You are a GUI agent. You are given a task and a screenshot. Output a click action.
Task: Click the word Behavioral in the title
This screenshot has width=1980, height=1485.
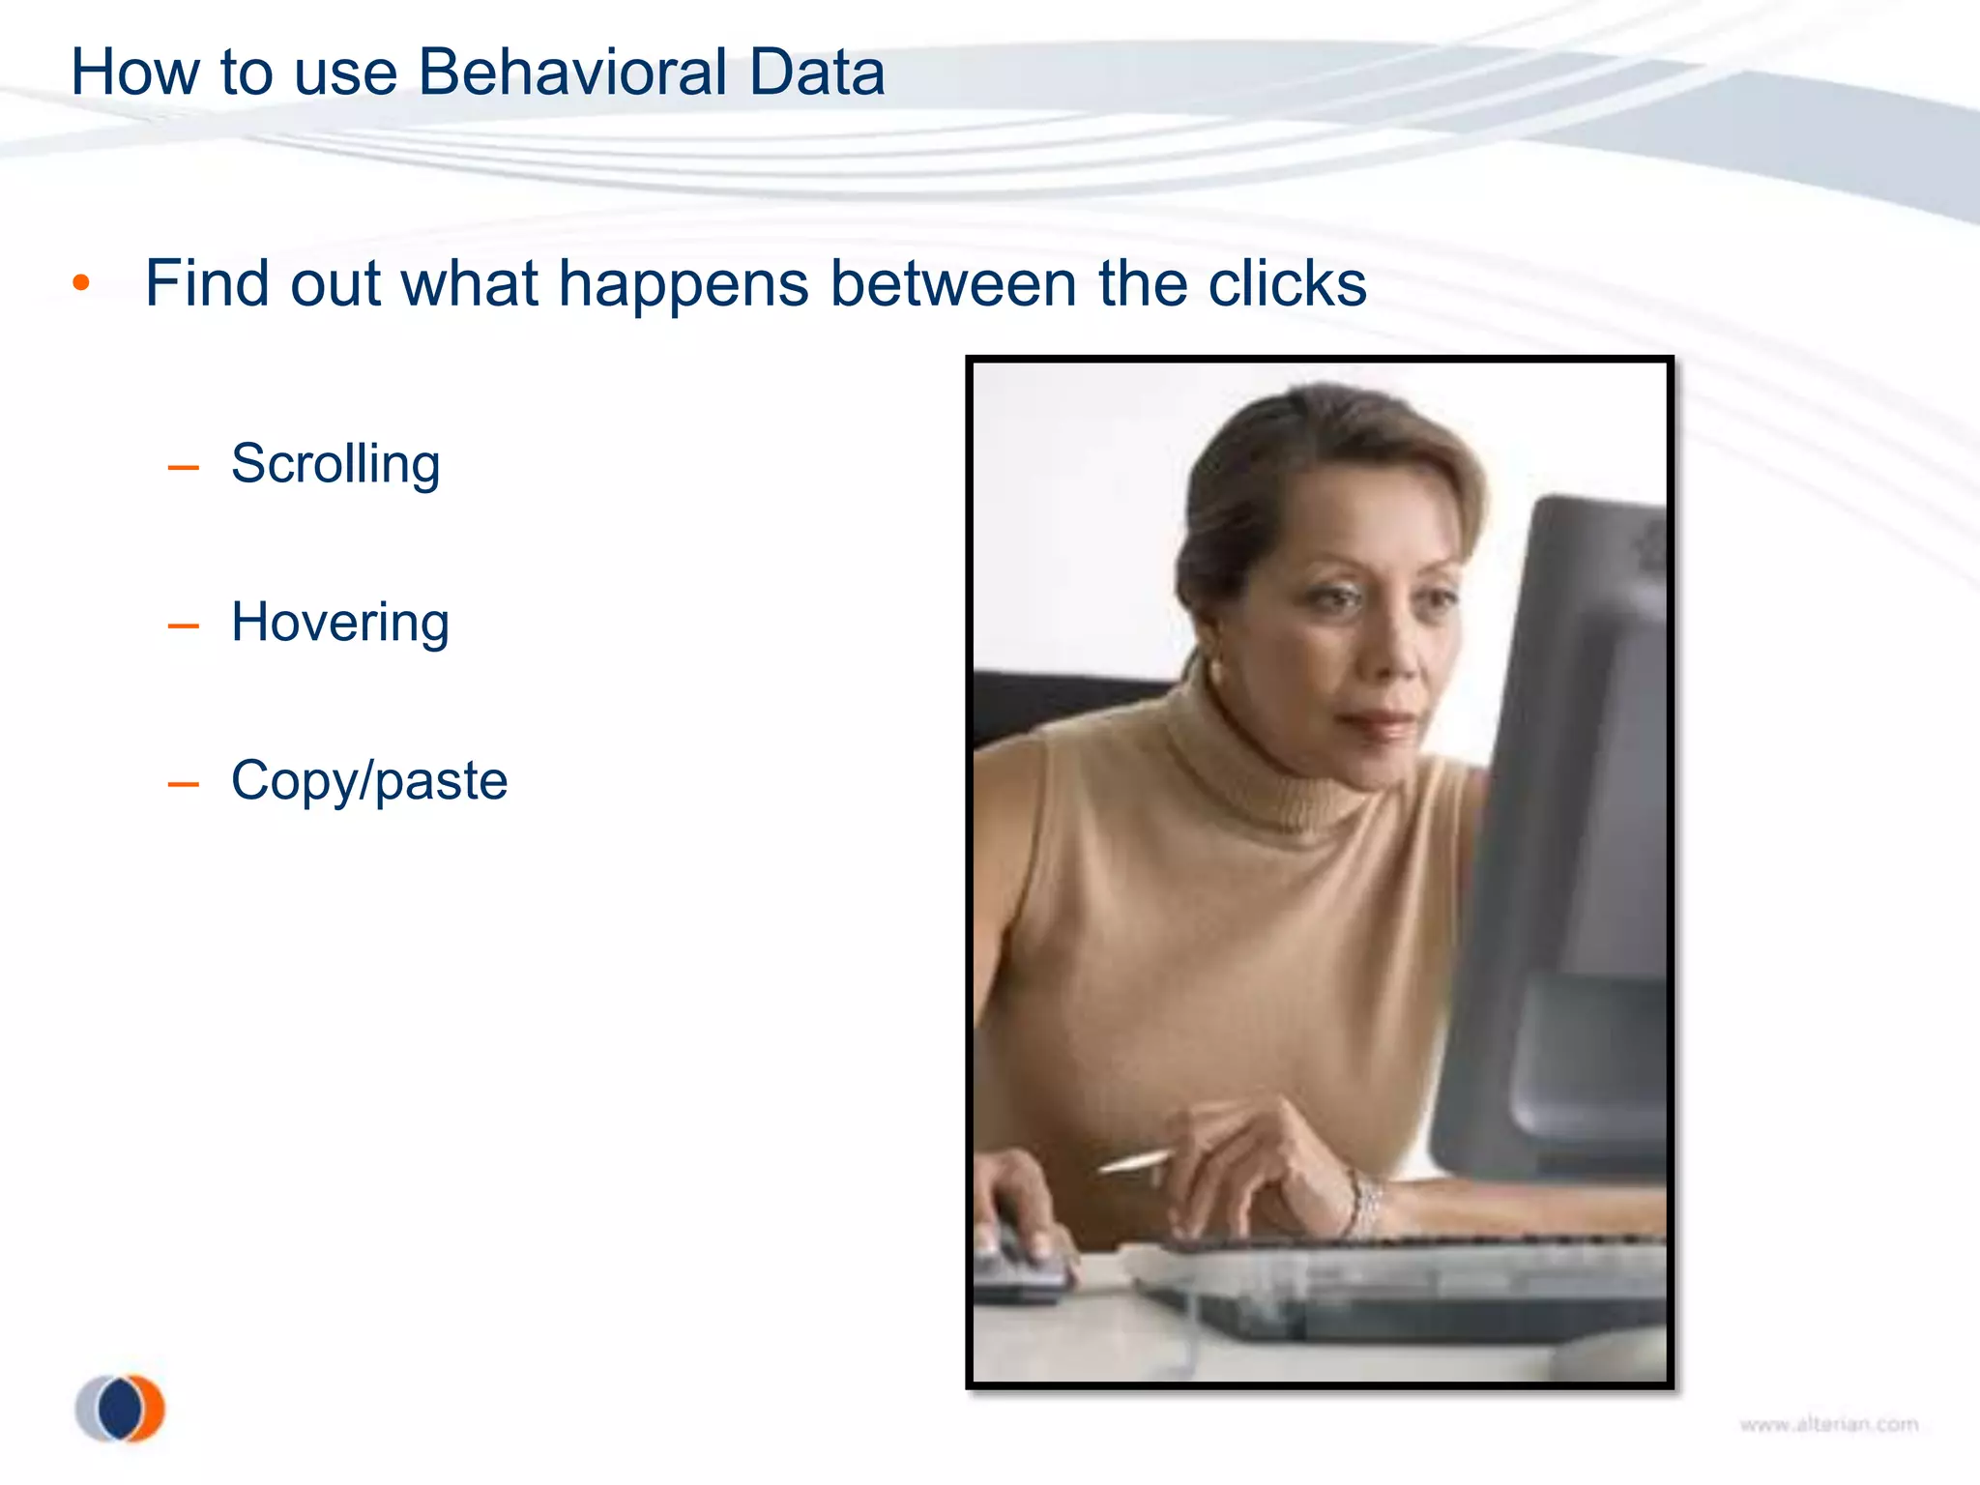click(572, 73)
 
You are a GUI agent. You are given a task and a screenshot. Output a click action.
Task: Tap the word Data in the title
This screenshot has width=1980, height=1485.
click(817, 73)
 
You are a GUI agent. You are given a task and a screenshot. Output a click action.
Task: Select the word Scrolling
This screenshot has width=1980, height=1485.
click(335, 465)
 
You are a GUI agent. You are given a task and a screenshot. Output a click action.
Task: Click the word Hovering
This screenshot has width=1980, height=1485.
click(340, 623)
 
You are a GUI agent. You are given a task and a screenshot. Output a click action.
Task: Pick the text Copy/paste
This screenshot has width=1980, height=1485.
click(369, 781)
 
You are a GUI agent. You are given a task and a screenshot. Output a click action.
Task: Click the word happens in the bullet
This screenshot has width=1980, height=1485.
click(684, 286)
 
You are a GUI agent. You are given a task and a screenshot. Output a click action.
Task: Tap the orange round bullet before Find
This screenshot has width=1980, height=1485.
click(81, 283)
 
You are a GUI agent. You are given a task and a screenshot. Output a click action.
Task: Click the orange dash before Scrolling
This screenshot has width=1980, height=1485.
click(183, 468)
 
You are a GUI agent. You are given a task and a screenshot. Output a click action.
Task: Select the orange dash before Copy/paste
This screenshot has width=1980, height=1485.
click(183, 784)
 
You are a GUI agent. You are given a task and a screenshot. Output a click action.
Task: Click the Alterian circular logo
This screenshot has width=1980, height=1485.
click(121, 1408)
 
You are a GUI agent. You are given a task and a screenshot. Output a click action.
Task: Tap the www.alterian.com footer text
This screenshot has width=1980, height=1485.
click(1828, 1424)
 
